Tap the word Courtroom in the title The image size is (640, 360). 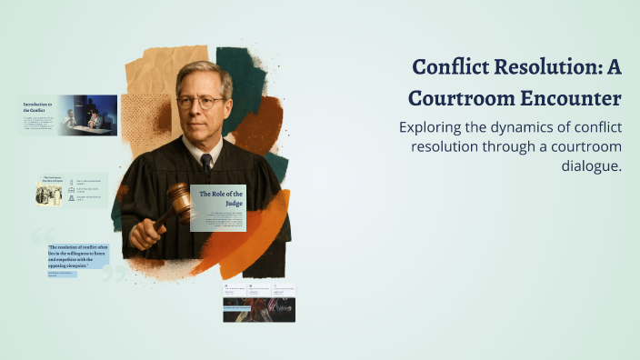pyautogui.click(x=454, y=97)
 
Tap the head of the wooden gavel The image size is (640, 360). pyautogui.click(x=179, y=201)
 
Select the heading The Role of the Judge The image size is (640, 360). pyautogui.click(x=218, y=198)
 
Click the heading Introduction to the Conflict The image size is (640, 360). pyautogui.click(x=38, y=108)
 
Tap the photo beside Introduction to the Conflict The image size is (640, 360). pyautogui.click(x=88, y=115)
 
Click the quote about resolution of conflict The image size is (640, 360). pyautogui.click(x=78, y=256)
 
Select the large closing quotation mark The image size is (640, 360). pyautogui.click(x=115, y=272)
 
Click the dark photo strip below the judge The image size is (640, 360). pyautogui.click(x=259, y=309)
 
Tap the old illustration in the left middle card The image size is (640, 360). pyautogui.click(x=49, y=192)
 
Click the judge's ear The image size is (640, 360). pyautogui.click(x=230, y=101)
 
